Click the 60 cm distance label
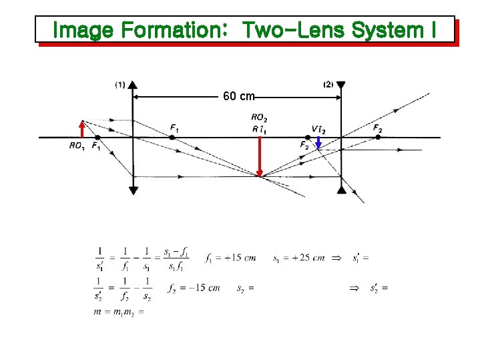click(238, 97)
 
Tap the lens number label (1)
click(120, 85)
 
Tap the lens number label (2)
click(328, 85)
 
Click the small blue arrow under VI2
click(318, 144)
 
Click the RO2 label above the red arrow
click(260, 119)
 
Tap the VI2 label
click(318, 129)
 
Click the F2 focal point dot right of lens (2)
click(378, 137)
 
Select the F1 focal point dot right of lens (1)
click(172, 137)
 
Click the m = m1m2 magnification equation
click(120, 311)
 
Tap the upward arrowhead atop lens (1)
click(134, 85)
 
